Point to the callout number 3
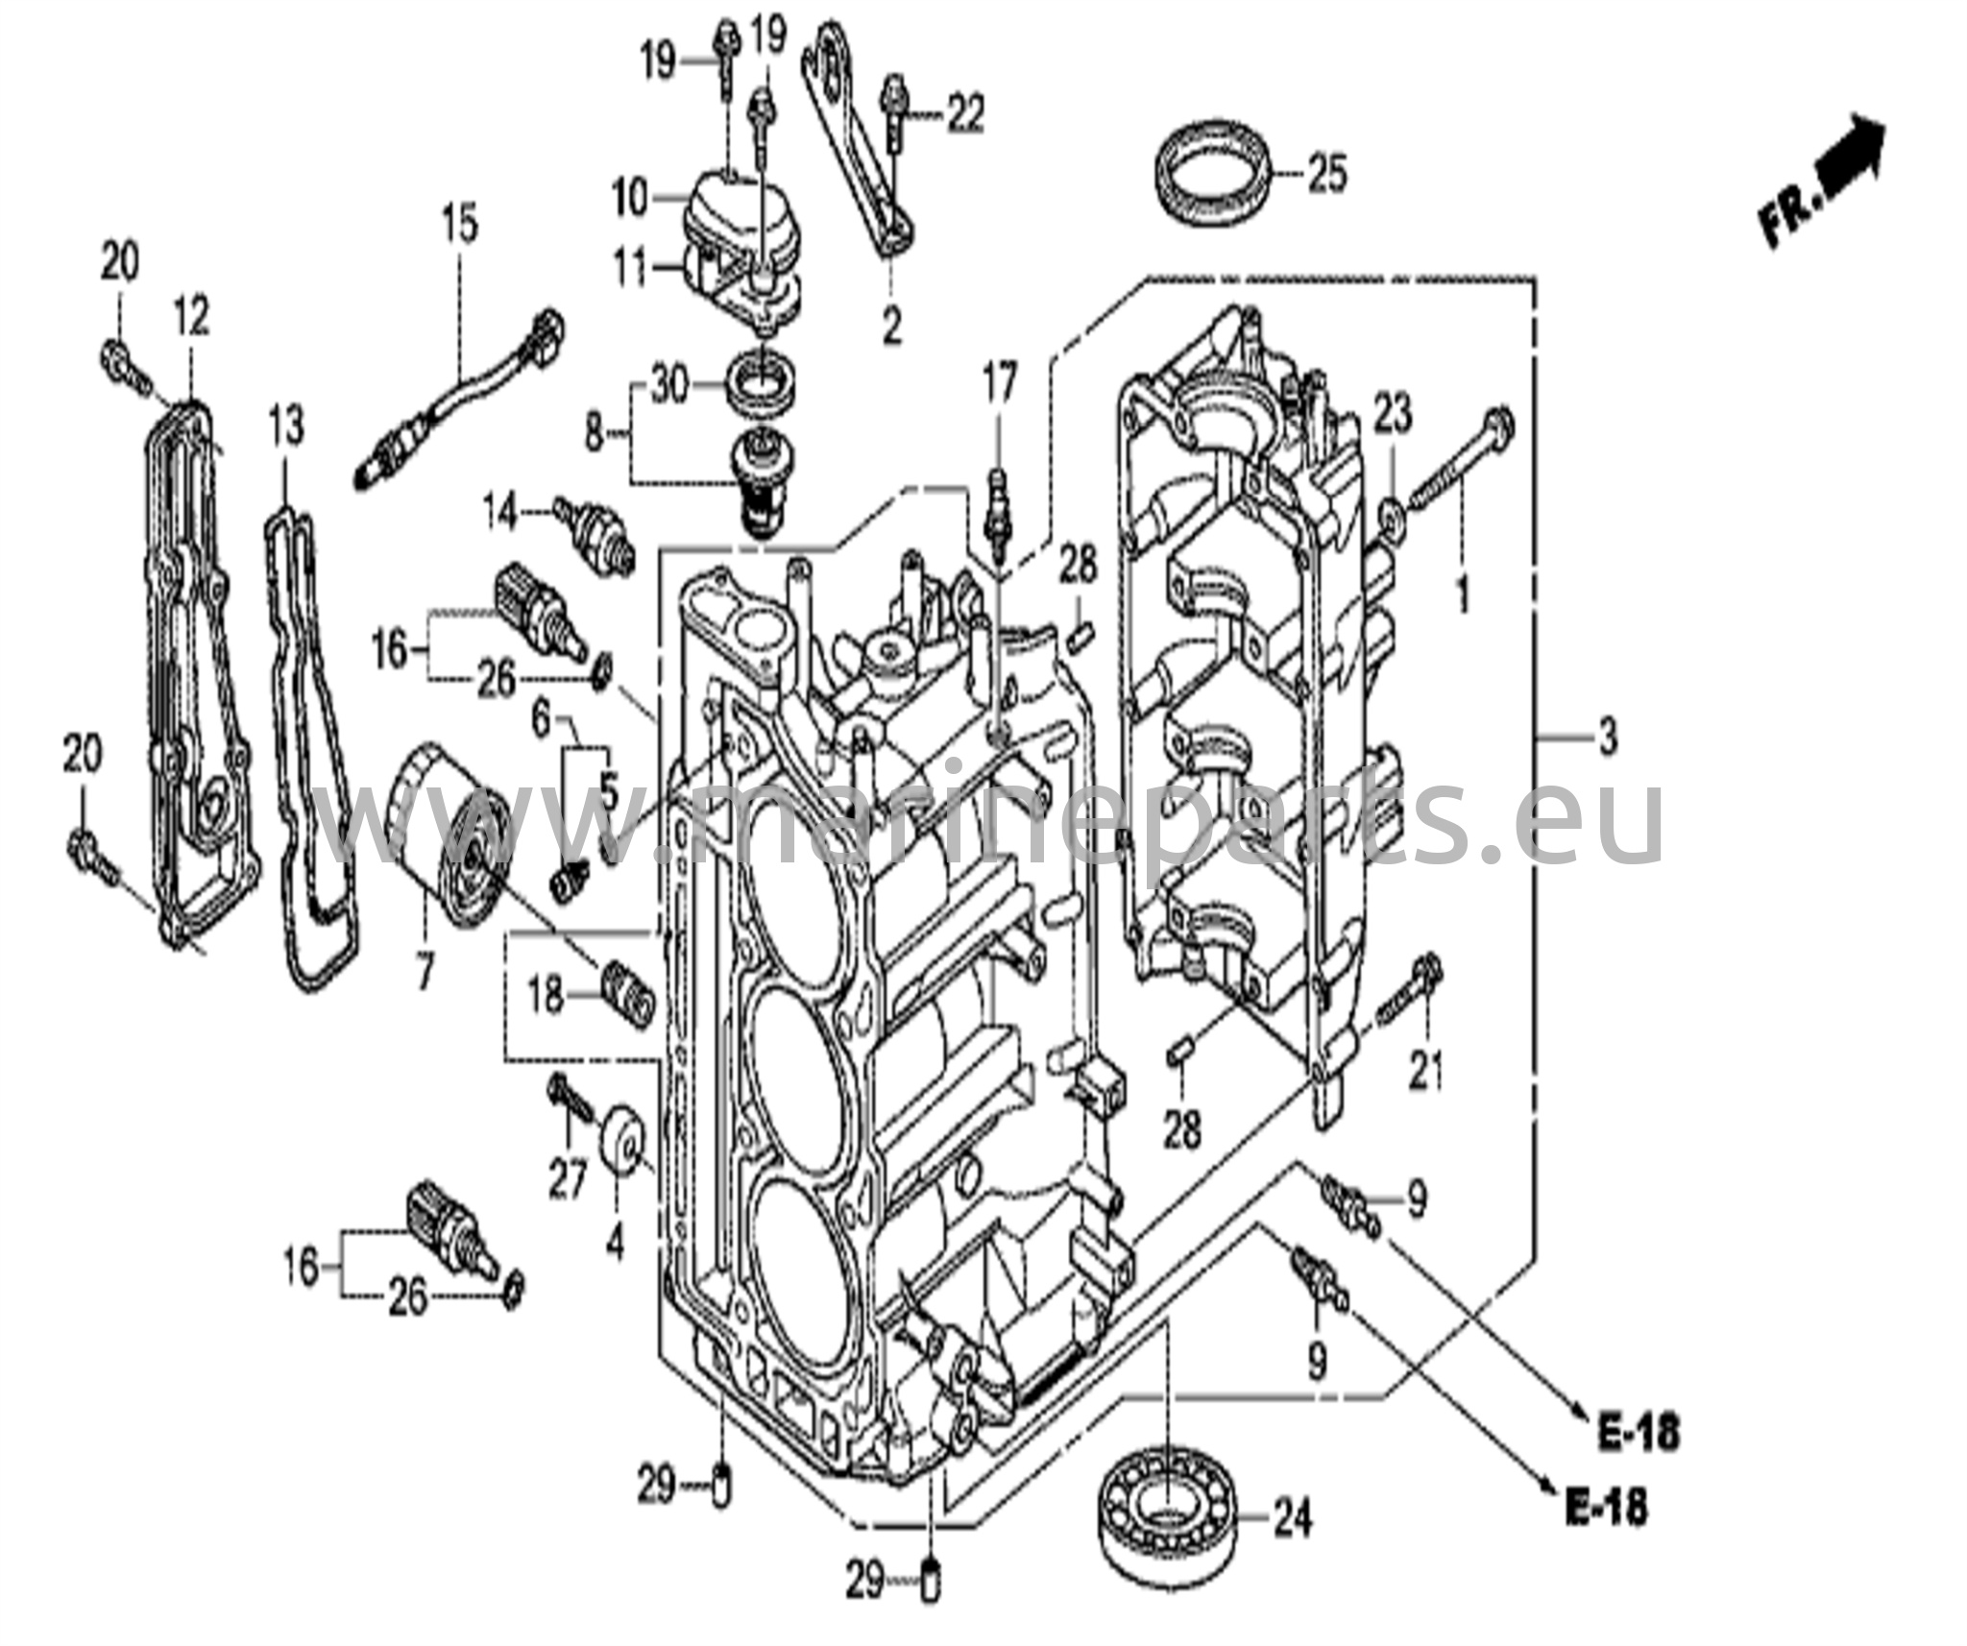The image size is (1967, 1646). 1607,739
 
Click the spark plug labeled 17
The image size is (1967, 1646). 999,514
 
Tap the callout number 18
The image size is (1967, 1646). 546,996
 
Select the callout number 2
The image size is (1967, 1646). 892,327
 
